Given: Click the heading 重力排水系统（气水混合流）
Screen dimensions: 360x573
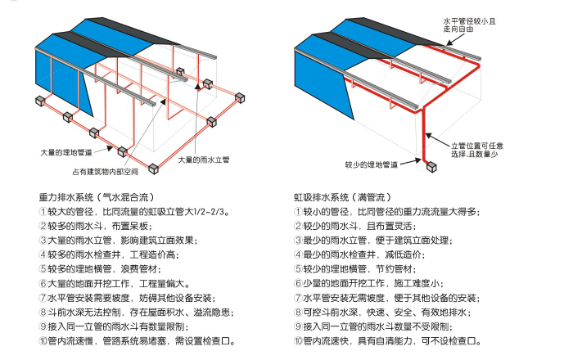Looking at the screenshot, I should (x=98, y=197).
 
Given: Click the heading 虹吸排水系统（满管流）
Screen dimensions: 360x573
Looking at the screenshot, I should (x=343, y=197).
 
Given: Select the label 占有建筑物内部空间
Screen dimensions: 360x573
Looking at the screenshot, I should (x=105, y=171).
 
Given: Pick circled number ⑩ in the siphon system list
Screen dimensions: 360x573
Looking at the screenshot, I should (x=298, y=341).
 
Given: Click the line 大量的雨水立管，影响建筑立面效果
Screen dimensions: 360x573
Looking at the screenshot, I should (x=123, y=240).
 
